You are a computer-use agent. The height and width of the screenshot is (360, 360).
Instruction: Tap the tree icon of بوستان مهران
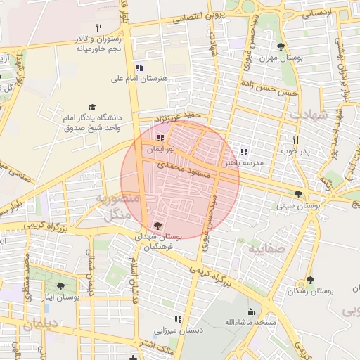pos(281,47)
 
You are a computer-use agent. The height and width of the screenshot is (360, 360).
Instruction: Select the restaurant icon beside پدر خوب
pos(295,139)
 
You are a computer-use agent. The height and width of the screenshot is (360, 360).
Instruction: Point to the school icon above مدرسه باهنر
pos(244,151)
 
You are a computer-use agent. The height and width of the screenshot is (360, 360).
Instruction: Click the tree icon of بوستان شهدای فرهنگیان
pos(157,226)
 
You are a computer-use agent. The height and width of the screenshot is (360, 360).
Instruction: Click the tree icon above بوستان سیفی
pos(298,194)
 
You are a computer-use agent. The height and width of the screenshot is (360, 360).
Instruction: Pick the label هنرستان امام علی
pos(139,79)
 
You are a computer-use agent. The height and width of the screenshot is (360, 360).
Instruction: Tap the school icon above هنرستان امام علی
pos(139,67)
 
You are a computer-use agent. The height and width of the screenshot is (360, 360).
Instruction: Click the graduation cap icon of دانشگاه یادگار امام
pos(92,106)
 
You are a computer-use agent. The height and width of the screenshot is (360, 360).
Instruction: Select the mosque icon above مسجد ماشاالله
pos(250,311)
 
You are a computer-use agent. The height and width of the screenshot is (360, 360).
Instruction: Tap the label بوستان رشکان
pos(310,291)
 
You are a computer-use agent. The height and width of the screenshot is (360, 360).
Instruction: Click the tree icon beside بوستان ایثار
pos(60,286)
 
